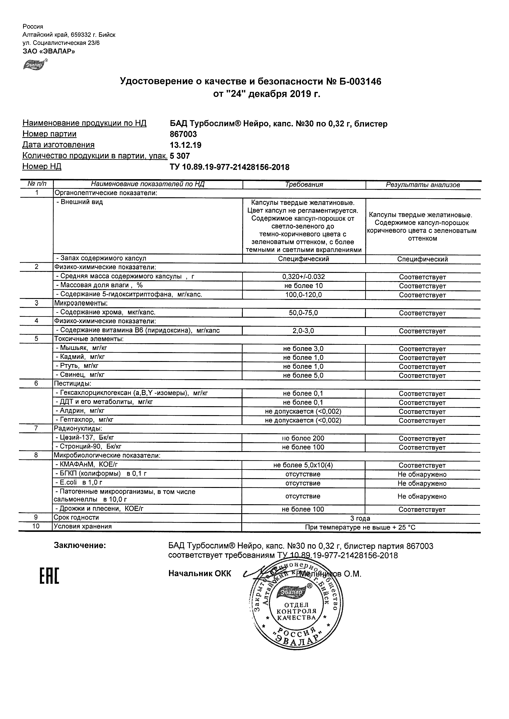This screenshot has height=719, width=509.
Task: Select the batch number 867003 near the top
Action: click(183, 134)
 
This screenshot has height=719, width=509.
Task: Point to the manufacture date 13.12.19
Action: click(185, 145)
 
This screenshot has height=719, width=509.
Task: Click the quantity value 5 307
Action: click(180, 156)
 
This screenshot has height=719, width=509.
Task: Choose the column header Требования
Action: click(304, 185)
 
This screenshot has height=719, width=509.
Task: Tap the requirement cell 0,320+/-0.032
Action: click(303, 277)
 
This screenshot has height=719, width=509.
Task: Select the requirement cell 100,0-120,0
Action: click(303, 295)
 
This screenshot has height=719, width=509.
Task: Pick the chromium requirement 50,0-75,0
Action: click(303, 313)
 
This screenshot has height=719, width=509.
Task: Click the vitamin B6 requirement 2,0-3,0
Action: click(303, 331)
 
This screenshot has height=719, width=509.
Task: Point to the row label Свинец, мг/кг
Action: click(80, 375)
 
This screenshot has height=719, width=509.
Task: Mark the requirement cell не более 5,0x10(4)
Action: click(303, 465)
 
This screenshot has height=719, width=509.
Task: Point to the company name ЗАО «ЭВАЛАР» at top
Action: click(49, 51)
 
